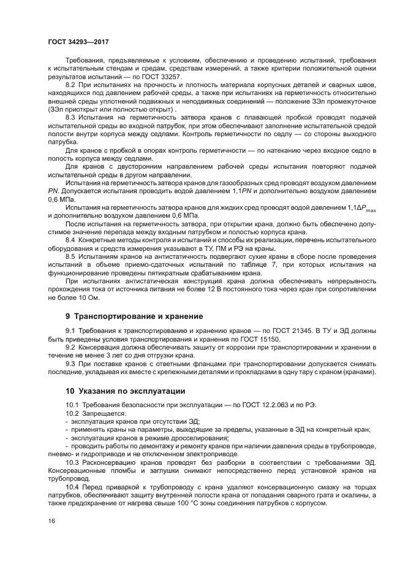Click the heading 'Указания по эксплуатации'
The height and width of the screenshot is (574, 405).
tap(129, 390)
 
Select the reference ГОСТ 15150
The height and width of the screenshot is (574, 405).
tap(260, 339)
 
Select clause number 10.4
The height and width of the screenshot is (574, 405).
tap(72, 485)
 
